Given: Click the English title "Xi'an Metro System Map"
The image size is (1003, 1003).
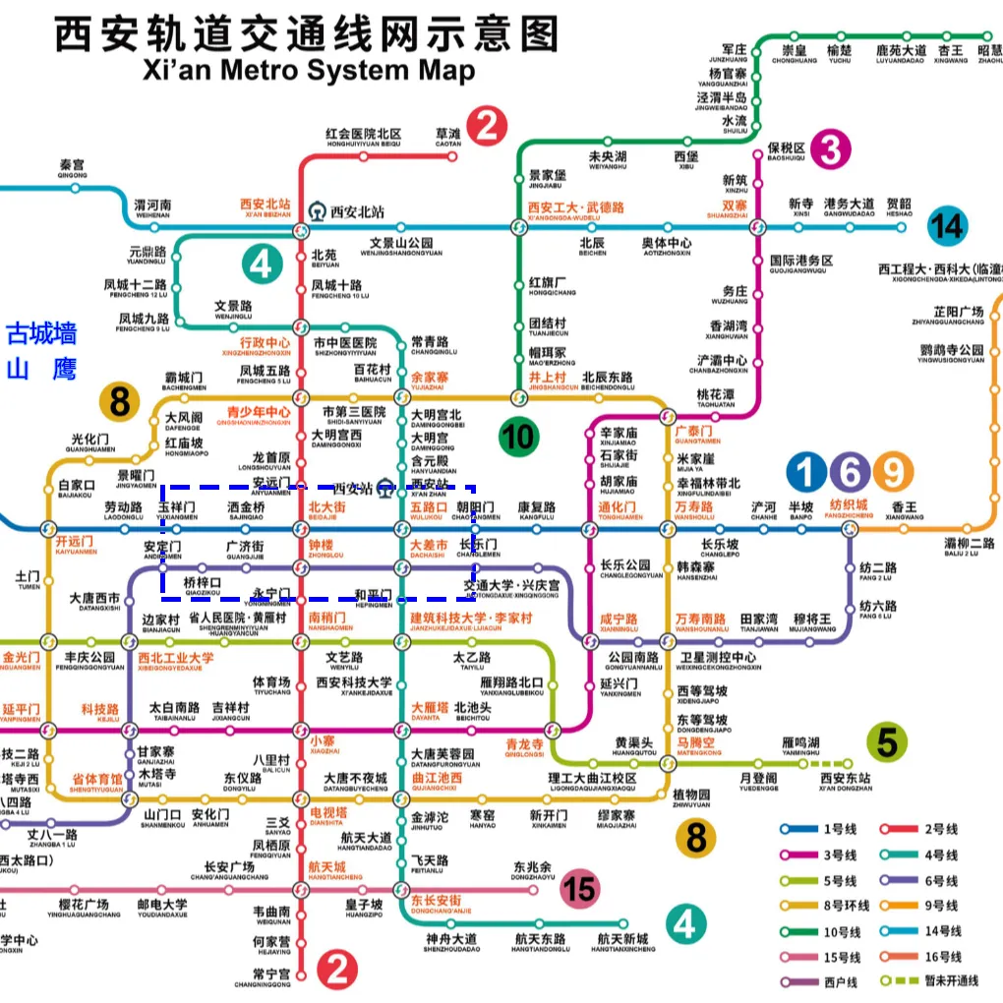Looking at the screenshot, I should [x=309, y=71].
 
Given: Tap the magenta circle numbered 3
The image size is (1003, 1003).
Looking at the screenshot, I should [x=831, y=150].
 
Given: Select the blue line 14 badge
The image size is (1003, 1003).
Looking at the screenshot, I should [x=948, y=226].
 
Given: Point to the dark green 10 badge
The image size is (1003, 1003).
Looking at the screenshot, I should [x=519, y=436].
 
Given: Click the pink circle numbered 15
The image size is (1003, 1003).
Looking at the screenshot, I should [x=580, y=891].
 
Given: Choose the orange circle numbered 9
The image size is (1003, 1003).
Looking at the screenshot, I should [x=893, y=473].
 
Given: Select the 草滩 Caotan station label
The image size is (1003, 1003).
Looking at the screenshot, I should [x=447, y=138].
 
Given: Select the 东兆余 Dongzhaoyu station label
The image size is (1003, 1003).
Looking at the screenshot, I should [x=532, y=871].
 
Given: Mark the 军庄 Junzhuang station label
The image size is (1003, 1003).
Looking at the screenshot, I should [x=735, y=52].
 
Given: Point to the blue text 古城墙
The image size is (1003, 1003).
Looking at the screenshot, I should [x=41, y=334].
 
